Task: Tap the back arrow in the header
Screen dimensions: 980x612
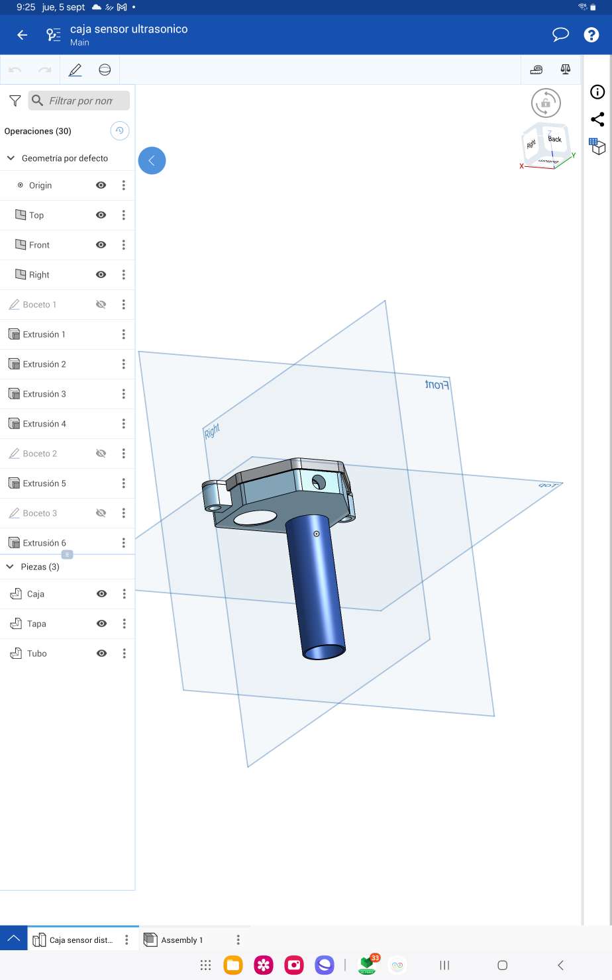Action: click(23, 35)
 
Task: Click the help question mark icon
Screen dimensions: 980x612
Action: click(591, 35)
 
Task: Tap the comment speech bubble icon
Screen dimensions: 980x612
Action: click(560, 34)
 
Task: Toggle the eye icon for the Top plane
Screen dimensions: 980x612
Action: click(101, 215)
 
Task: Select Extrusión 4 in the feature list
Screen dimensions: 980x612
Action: click(44, 424)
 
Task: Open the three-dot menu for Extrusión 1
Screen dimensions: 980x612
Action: click(124, 334)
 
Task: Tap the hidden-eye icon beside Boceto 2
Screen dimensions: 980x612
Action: click(101, 454)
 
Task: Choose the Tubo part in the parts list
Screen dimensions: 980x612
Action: click(37, 654)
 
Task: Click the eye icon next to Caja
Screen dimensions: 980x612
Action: click(101, 594)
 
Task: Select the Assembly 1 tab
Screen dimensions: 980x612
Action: click(181, 940)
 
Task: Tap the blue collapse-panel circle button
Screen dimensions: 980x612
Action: click(152, 160)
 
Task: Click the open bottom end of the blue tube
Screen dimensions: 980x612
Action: click(324, 652)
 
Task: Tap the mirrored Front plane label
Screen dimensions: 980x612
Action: click(436, 385)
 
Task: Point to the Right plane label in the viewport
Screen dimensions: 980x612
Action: click(212, 432)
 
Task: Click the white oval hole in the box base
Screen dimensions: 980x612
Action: click(255, 516)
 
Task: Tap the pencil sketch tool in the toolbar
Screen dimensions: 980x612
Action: click(76, 70)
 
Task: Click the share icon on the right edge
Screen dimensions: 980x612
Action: click(597, 119)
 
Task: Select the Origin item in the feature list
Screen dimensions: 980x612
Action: click(40, 185)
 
